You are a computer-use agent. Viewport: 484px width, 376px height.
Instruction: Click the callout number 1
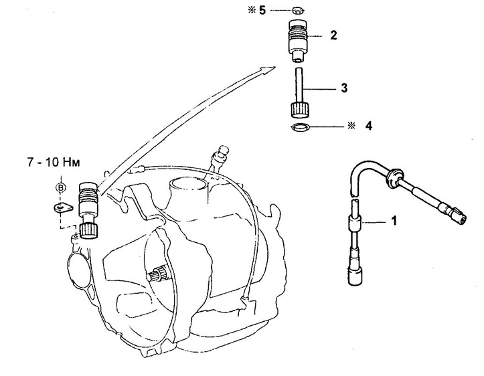point(394,221)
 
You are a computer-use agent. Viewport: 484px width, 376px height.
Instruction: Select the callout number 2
point(333,35)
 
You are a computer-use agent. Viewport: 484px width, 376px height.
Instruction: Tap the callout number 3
point(344,88)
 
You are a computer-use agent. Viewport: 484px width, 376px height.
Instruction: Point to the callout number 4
point(369,126)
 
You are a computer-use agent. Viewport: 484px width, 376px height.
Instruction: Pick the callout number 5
point(262,10)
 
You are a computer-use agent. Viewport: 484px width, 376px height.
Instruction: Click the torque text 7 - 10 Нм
point(54,162)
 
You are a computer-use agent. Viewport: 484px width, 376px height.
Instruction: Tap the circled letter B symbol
point(61,187)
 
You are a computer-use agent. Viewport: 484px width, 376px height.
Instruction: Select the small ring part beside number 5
point(297,11)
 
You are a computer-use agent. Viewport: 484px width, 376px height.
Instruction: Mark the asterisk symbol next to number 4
point(351,126)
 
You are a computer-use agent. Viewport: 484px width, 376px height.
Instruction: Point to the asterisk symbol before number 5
point(252,10)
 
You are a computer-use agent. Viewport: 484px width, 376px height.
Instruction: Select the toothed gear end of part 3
point(298,110)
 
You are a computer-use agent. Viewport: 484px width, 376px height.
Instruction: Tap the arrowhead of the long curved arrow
point(268,69)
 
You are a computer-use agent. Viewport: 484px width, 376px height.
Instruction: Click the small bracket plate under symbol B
point(63,207)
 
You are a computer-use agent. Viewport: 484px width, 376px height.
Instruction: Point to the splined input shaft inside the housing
point(159,272)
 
